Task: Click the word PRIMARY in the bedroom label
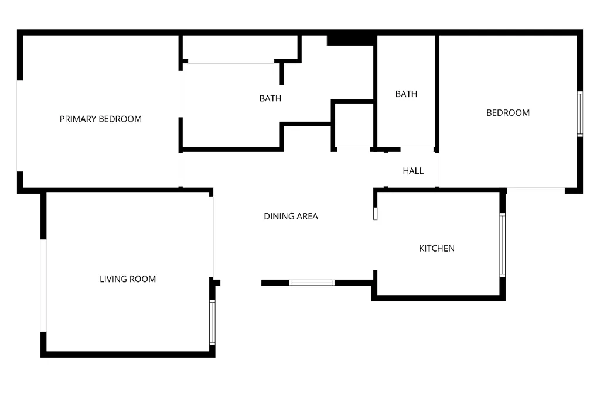78,119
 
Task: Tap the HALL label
413,171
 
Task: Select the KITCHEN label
437,249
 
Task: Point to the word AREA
307,217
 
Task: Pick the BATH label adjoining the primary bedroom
271,99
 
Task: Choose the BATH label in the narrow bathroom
407,94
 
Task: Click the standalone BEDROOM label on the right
508,113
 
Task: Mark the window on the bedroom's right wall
580,114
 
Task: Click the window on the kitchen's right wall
502,245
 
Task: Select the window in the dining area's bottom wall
312,283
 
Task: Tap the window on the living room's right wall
212,322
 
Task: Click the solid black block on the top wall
350,40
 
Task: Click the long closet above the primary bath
240,47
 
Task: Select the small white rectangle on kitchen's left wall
376,214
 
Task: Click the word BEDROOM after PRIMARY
120,119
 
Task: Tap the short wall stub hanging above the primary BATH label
282,73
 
